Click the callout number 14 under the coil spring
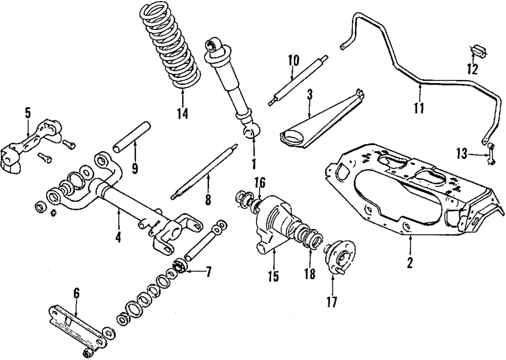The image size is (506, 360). (183, 113)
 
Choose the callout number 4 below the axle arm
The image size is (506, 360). (118, 236)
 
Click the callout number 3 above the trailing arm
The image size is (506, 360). (310, 94)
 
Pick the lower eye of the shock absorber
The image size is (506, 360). (250, 132)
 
